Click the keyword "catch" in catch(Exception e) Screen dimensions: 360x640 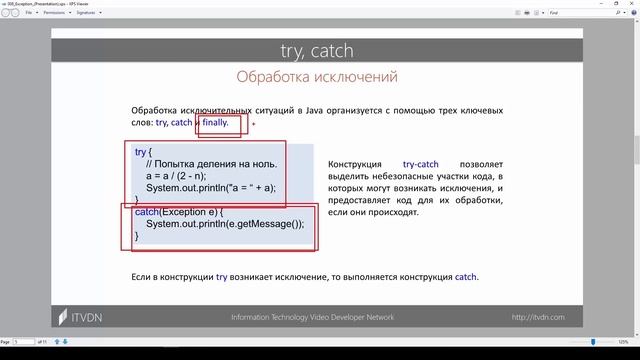point(147,212)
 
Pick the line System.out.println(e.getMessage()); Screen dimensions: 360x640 point(224,224)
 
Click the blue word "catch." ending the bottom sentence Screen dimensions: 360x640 point(466,277)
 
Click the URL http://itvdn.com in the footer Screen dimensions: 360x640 point(538,317)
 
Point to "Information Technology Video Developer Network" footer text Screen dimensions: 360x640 point(312,317)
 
